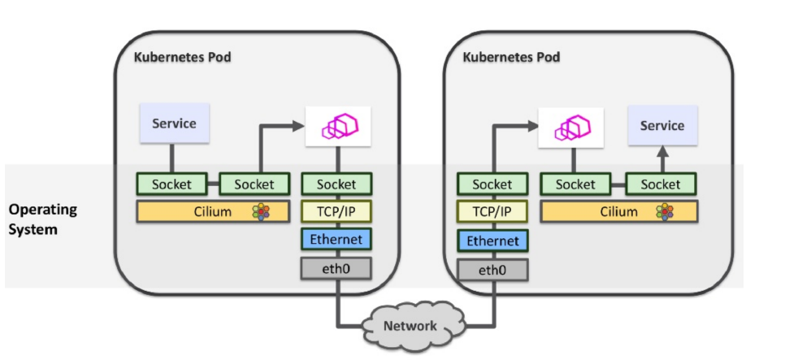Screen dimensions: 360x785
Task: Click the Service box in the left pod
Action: pos(174,124)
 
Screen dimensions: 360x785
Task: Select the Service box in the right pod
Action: pos(661,125)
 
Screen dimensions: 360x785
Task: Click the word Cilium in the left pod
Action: pos(214,212)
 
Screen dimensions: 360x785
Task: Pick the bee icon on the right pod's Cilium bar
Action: pos(665,212)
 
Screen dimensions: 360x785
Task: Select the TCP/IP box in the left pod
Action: pos(336,212)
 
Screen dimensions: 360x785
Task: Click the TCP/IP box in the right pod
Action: pos(492,212)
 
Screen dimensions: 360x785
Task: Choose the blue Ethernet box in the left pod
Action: pos(336,239)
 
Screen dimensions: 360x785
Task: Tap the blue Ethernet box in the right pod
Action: pos(492,241)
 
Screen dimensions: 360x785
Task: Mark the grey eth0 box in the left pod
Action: pos(336,267)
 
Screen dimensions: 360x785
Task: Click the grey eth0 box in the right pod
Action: pos(492,269)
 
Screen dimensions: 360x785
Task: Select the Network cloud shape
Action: pos(410,325)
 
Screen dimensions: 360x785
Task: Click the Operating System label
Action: pos(42,219)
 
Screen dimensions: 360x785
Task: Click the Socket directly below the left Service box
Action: pos(171,184)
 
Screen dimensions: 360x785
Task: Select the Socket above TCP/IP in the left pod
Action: pos(336,184)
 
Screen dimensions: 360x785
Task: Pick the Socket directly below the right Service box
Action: pos(660,184)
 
